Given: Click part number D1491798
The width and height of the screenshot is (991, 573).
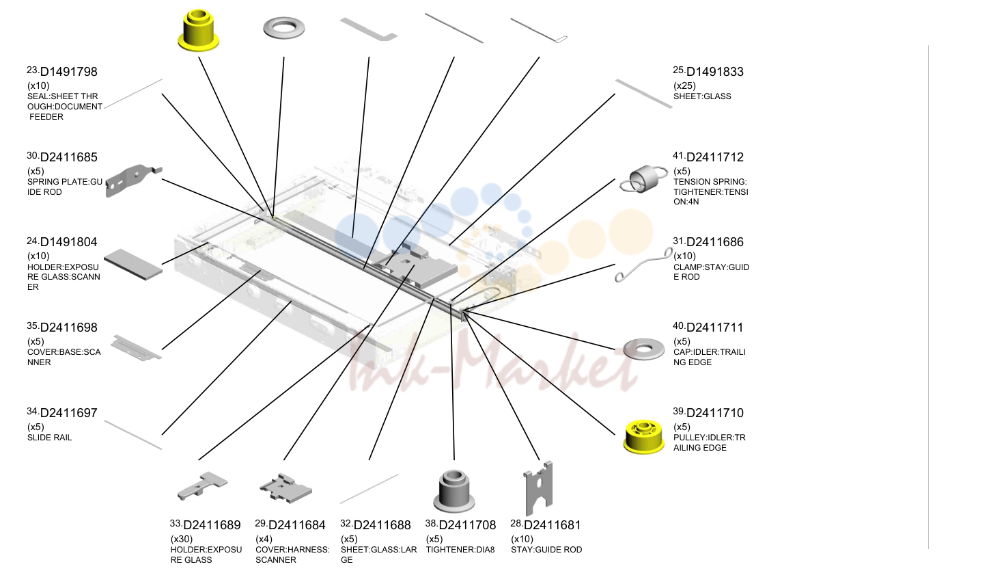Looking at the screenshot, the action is [x=68, y=72].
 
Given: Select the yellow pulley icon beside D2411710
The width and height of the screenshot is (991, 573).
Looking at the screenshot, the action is [x=644, y=437].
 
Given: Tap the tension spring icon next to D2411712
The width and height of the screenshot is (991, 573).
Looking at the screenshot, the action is [x=643, y=179].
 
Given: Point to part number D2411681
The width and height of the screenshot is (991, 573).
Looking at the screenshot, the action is [x=552, y=525].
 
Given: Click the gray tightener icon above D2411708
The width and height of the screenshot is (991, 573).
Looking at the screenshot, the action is [x=454, y=491].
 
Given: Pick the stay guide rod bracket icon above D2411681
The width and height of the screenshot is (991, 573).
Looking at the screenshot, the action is [x=538, y=488].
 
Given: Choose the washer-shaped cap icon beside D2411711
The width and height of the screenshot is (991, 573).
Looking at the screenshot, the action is [x=644, y=349].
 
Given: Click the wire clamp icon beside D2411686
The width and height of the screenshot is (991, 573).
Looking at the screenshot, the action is [x=644, y=265].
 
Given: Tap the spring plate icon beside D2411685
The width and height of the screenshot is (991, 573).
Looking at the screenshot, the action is [x=133, y=181].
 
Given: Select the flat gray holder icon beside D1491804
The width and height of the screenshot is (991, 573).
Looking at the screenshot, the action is [x=133, y=264].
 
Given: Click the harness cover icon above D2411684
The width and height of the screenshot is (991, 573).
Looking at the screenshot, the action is [x=285, y=488].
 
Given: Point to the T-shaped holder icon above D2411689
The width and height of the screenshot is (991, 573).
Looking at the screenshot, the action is [x=202, y=485].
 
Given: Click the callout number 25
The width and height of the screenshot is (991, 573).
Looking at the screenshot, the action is [x=679, y=70].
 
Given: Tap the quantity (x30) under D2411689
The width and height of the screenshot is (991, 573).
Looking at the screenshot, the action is [x=182, y=539].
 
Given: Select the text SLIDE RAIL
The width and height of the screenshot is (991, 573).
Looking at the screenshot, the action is [x=50, y=438].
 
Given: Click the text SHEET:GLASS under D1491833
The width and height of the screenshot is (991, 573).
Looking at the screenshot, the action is [x=702, y=96].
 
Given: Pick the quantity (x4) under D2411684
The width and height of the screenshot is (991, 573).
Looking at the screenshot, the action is [x=264, y=539].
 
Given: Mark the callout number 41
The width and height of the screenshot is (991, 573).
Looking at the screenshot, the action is [x=679, y=155].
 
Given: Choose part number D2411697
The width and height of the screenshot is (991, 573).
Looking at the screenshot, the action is [x=68, y=413].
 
